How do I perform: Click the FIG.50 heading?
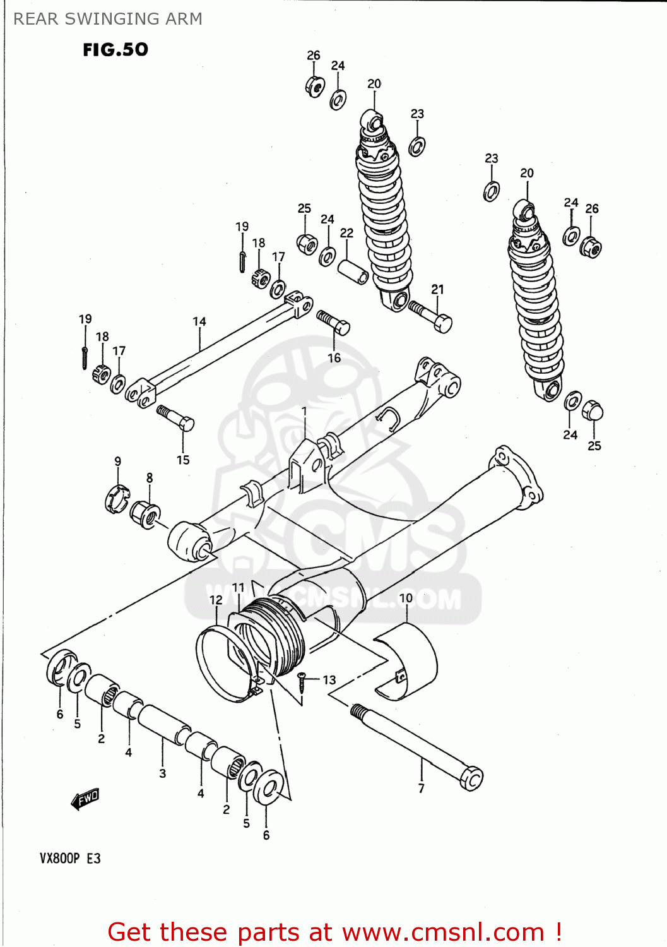pos(115,49)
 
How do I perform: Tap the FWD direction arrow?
pos(85,799)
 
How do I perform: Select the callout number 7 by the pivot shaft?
pos(422,788)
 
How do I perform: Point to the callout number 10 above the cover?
pos(406,598)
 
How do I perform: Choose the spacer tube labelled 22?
pos(353,271)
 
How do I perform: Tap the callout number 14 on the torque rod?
pos(199,321)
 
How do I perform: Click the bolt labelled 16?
pos(333,321)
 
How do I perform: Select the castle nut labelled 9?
pos(116,497)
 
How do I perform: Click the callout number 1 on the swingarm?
pos(304,411)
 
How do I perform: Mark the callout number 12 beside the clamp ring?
pos(216,600)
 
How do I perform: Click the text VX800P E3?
pos(70,859)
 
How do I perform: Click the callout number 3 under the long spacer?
pos(163,773)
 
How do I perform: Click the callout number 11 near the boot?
pos(238,587)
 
